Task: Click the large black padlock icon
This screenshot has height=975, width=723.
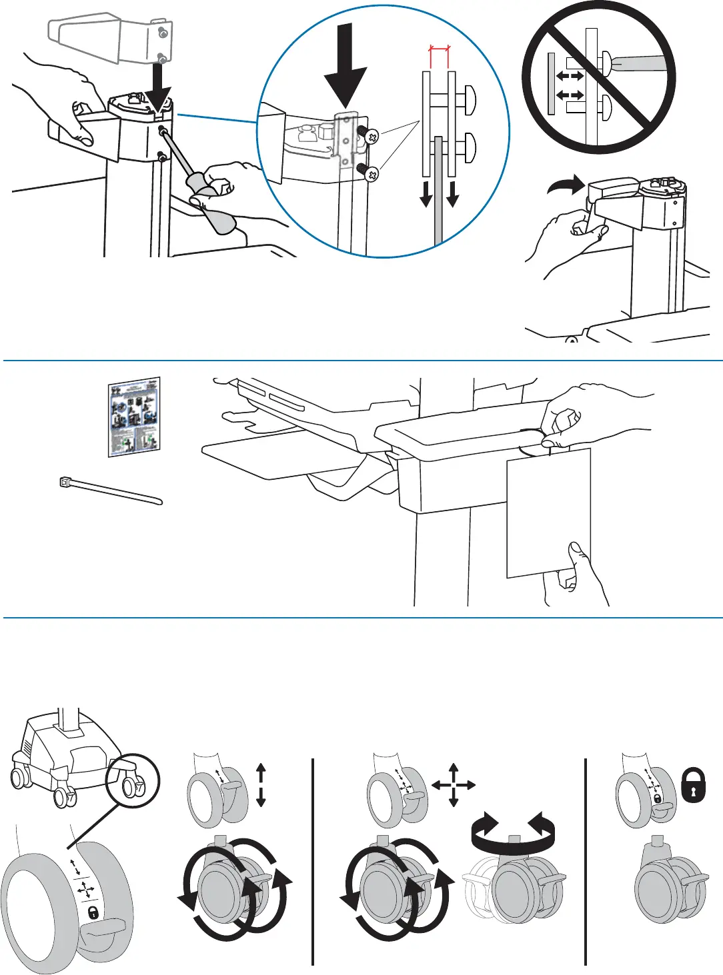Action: point(694,786)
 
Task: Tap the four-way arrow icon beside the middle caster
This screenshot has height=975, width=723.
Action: point(454,785)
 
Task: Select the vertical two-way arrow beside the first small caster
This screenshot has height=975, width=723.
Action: point(261,785)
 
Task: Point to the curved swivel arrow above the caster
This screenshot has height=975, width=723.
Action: point(513,828)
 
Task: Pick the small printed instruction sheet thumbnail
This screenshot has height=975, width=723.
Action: point(135,417)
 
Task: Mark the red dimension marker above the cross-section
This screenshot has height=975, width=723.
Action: point(439,49)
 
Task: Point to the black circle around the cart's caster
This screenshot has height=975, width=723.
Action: point(133,780)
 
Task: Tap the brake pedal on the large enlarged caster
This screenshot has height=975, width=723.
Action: point(103,928)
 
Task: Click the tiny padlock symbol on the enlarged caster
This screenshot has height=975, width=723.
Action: point(93,912)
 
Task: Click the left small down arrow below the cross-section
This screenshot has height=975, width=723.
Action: point(426,193)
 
